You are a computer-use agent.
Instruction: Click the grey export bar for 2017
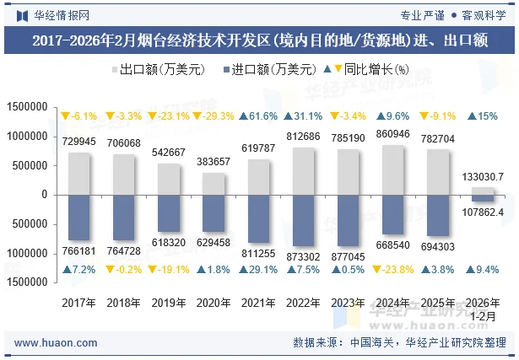click(x=78, y=173)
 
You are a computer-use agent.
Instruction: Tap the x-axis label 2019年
click(x=169, y=301)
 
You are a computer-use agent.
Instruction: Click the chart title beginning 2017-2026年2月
click(x=259, y=40)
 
